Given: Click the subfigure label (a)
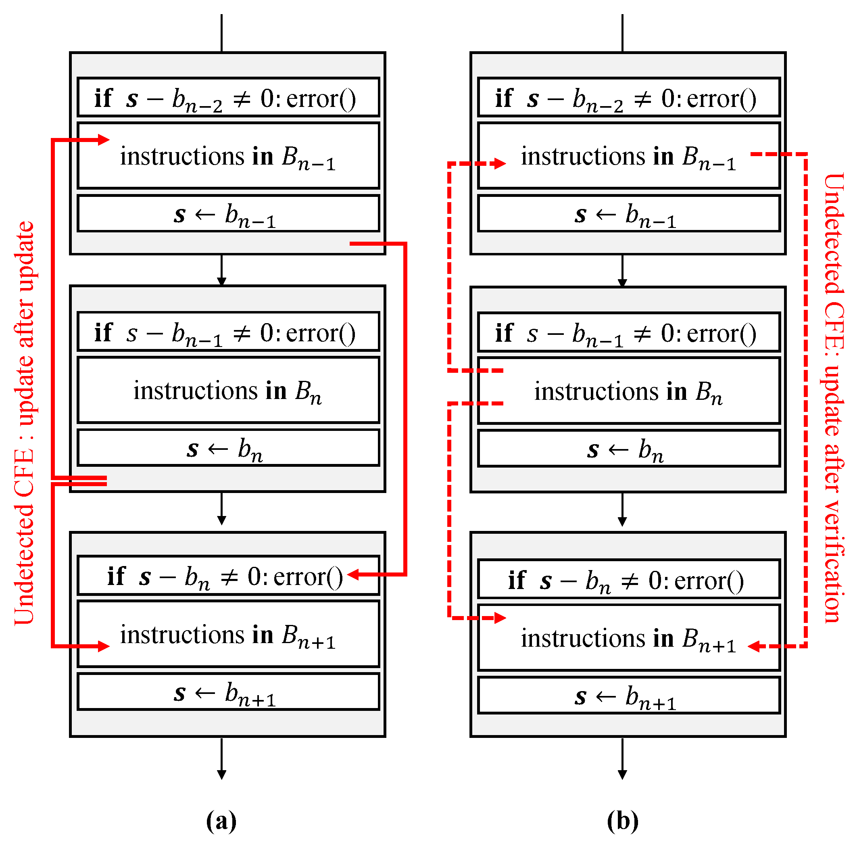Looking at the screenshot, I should pyautogui.click(x=221, y=821).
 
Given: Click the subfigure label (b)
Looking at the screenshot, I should pyautogui.click(x=622, y=821).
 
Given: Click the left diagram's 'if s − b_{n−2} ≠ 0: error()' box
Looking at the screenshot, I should pyautogui.click(x=228, y=97).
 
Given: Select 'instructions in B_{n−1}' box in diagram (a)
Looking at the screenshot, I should pyautogui.click(x=228, y=156).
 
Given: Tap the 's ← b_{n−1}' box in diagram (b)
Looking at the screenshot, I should pyautogui.click(x=628, y=213).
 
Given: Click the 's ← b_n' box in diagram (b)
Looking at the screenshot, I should pyautogui.click(x=628, y=448).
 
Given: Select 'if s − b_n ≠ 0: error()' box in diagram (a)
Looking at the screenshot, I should pyautogui.click(x=228, y=576).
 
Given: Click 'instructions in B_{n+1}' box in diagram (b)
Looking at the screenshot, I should pyautogui.click(x=628, y=638).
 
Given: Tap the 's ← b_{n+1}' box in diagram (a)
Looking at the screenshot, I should pyautogui.click(x=228, y=691).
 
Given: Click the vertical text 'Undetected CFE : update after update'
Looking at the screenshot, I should pyautogui.click(x=24, y=423).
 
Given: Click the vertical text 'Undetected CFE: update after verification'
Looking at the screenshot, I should pyautogui.click(x=834, y=399).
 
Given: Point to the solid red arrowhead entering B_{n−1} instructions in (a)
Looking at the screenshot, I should pyautogui.click(x=104, y=140).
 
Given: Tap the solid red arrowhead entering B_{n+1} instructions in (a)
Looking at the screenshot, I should pyautogui.click(x=104, y=646).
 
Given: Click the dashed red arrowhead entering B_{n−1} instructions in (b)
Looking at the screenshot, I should pyautogui.click(x=500, y=164).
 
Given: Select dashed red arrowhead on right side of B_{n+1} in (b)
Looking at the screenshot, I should pyautogui.click(x=754, y=646).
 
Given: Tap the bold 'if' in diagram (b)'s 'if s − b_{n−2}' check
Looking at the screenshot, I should pyautogui.click(x=504, y=98).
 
